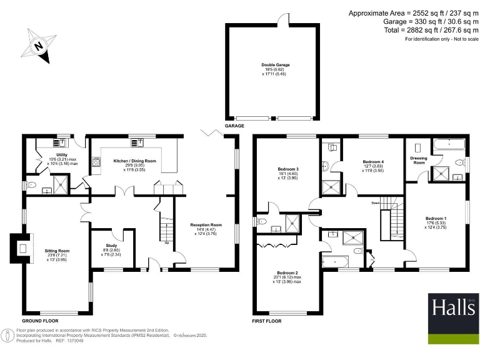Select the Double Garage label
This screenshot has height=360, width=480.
pyautogui.click(x=271, y=64)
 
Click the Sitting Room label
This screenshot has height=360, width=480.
pyautogui.click(x=60, y=251)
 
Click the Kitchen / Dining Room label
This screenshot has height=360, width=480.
pyautogui.click(x=134, y=161)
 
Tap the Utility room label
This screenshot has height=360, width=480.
pyautogui.click(x=62, y=154)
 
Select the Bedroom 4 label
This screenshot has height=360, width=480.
pyautogui.click(x=374, y=162)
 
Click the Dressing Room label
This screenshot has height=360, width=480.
pyautogui.click(x=418, y=160)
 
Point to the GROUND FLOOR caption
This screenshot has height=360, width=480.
pyautogui.click(x=41, y=321)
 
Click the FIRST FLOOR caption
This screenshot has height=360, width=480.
pyautogui.click(x=267, y=321)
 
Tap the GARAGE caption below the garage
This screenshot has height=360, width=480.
pyautogui.click(x=236, y=126)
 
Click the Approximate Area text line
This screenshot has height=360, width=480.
pyautogui.click(x=412, y=13)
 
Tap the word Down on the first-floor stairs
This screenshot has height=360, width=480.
pyautogui.click(x=376, y=203)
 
